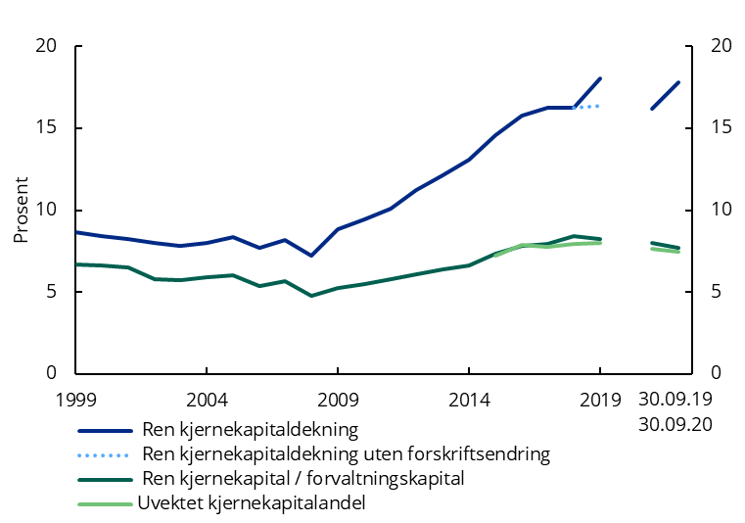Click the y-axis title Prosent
click(21, 210)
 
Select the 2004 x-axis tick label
click(207, 400)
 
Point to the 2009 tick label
click(338, 400)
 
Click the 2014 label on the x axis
click(468, 400)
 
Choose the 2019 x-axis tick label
click(599, 400)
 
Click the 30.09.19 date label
click(675, 400)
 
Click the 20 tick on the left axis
click(46, 46)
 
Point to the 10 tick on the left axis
click(46, 210)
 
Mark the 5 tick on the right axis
click(716, 292)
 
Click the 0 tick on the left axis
click(51, 373)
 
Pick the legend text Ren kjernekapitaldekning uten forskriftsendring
click(346, 454)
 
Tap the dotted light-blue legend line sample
click(105, 454)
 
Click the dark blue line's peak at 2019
click(599, 78)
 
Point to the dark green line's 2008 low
click(311, 295)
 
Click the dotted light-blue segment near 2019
click(586, 106)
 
